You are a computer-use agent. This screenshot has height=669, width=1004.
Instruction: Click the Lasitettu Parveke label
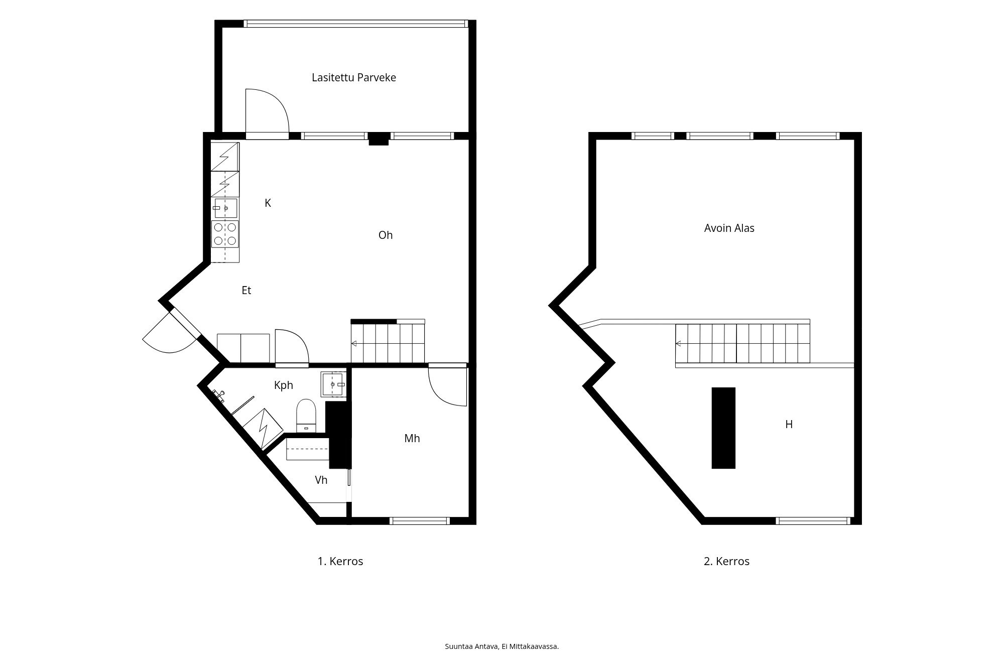click(354, 78)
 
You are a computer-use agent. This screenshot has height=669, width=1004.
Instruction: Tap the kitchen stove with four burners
click(225, 234)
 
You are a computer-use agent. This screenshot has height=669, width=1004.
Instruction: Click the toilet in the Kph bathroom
click(306, 416)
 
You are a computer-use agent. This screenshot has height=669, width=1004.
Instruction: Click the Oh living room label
click(386, 235)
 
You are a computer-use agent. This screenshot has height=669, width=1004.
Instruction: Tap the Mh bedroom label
click(412, 439)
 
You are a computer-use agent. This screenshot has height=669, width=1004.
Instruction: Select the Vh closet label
click(321, 480)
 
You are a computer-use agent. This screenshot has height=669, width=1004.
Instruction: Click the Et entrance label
click(246, 291)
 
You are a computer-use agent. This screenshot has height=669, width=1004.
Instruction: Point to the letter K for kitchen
click(268, 203)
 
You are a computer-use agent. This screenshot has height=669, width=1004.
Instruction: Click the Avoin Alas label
click(729, 228)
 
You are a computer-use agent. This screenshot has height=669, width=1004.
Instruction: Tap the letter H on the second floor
click(789, 425)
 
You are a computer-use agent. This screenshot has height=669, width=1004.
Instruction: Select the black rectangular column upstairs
click(723, 428)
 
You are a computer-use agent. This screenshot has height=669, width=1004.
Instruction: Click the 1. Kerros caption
click(340, 562)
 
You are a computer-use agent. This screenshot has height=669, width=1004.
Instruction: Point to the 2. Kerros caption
click(726, 562)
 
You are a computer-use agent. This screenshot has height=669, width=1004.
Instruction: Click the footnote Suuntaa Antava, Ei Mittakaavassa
click(502, 646)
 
